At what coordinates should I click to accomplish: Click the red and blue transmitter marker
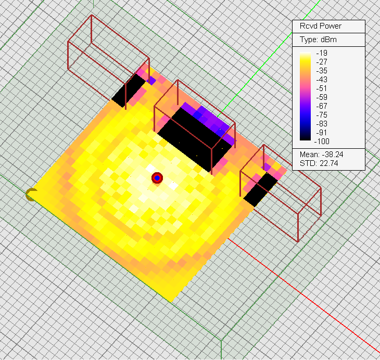point(157,178)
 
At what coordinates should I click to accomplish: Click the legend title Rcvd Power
point(320,26)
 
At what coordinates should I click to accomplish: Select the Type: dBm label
point(318,40)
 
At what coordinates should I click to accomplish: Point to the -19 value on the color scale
point(322,53)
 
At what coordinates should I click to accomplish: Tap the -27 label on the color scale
point(322,62)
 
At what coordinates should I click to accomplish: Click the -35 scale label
point(322,71)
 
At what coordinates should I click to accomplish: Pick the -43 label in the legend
point(322,80)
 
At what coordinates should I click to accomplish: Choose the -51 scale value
point(322,88)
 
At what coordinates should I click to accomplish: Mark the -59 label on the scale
point(322,97)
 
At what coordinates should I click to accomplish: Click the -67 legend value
point(322,106)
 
